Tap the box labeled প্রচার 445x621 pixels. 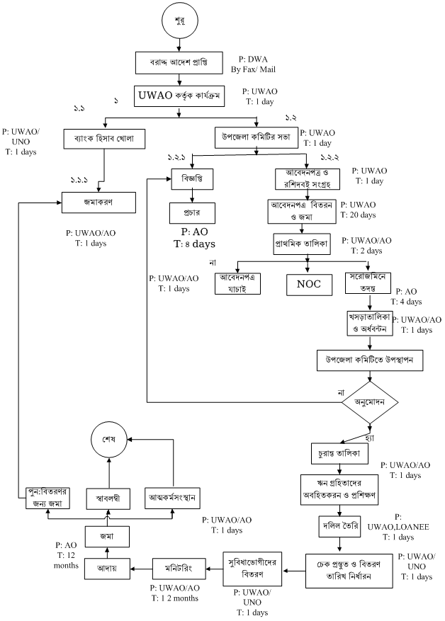[x=188, y=213]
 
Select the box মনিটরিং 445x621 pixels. [x=181, y=566]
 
